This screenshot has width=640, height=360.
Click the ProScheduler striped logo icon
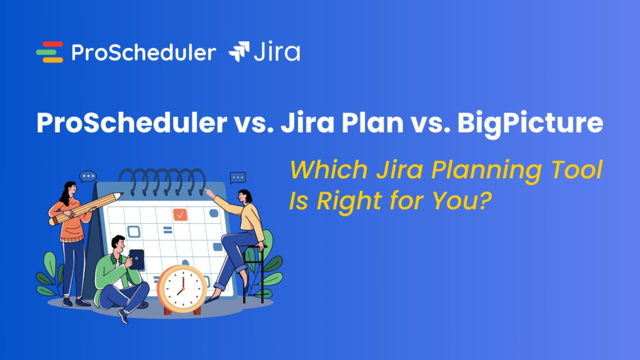[49, 52]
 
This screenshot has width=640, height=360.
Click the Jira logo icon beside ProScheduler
[239, 52]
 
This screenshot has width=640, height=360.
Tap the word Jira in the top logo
[276, 52]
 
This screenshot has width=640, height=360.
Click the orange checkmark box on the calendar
[180, 214]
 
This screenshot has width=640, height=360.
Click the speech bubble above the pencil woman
[88, 177]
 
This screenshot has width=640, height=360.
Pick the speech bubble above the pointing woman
[237, 178]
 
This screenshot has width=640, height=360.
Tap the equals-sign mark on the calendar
[167, 231]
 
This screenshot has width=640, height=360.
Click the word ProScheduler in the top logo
[143, 52]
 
